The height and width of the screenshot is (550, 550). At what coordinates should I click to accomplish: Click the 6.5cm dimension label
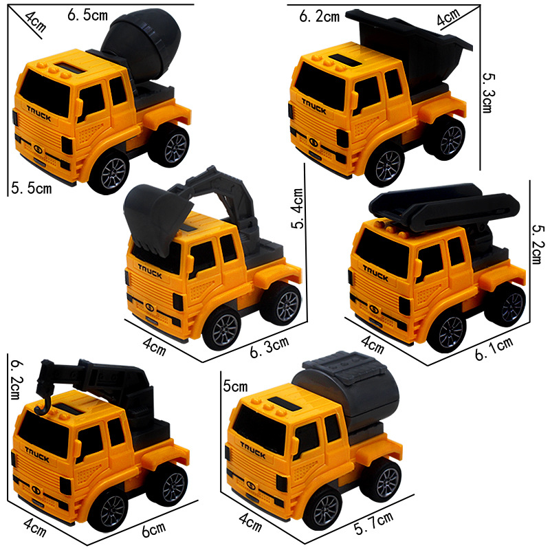click(x=87, y=15)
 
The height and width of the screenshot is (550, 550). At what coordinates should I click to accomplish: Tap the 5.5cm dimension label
click(x=31, y=188)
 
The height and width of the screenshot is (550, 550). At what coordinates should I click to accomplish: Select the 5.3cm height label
click(x=488, y=93)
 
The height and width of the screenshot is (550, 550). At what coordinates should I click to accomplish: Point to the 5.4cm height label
click(x=298, y=208)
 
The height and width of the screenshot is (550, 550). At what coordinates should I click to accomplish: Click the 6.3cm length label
click(x=269, y=347)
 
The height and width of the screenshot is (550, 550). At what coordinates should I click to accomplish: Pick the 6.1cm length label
click(x=494, y=349)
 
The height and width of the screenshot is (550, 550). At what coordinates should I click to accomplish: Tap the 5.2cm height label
click(x=537, y=244)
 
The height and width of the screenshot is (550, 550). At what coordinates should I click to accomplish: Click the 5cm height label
click(x=235, y=386)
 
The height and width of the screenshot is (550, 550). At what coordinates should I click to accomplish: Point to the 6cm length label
click(x=153, y=529)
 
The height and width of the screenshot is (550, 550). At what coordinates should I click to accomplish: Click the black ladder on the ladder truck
click(x=444, y=206)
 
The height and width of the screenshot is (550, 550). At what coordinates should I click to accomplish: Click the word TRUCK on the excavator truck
click(x=150, y=272)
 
